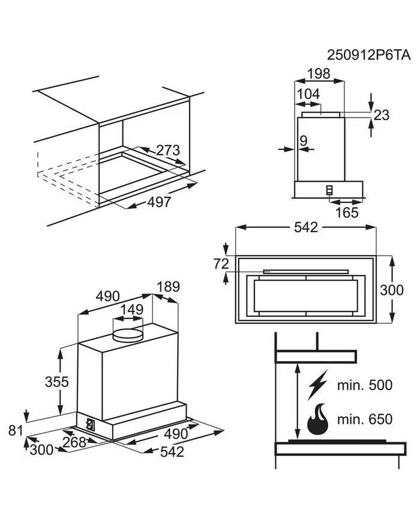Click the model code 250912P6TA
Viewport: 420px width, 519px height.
(x=368, y=55)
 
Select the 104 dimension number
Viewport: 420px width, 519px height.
(x=308, y=94)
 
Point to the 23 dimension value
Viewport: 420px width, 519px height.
(x=382, y=115)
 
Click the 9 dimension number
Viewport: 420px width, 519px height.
(x=303, y=140)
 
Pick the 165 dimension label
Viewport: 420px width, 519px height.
(x=346, y=212)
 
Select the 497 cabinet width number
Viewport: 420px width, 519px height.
(x=159, y=202)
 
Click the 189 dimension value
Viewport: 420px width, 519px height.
(x=168, y=287)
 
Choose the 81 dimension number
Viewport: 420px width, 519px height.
(x=16, y=430)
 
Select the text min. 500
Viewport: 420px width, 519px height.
(x=365, y=385)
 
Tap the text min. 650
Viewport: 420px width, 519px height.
(x=365, y=419)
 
